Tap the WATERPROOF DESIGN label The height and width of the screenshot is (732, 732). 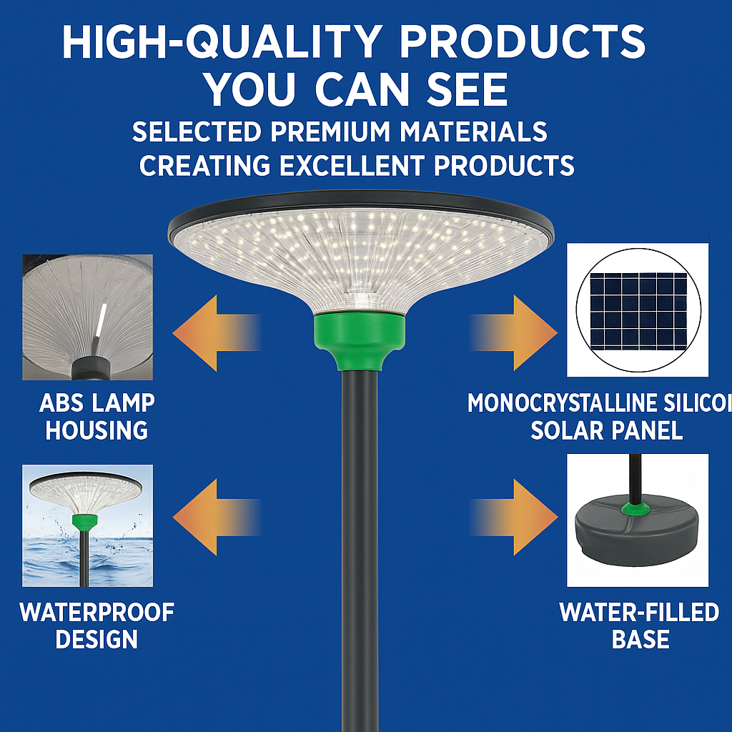tap(97, 625)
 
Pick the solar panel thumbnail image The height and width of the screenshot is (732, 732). tap(638, 310)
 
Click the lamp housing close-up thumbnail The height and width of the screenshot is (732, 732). tap(87, 317)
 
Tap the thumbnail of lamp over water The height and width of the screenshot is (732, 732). tap(87, 525)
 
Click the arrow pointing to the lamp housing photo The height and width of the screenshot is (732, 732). tap(214, 333)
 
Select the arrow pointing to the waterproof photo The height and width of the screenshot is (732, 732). tap(214, 517)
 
